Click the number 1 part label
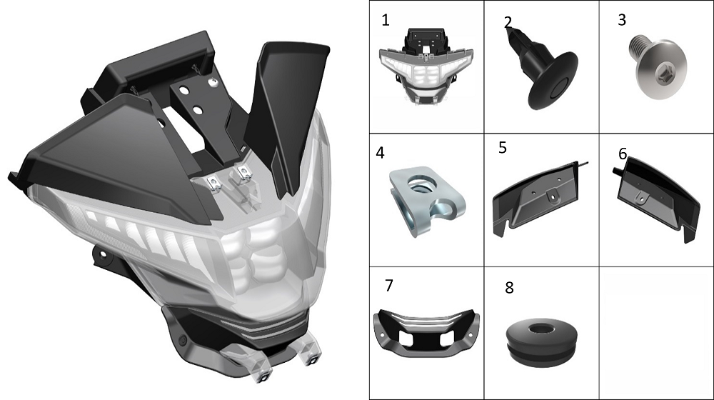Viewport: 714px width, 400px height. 386,20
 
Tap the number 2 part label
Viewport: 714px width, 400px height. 508,22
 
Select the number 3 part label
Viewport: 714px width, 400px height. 622,19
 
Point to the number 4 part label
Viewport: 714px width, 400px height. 381,153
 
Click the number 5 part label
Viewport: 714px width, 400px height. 503,148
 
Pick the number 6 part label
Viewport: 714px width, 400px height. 623,154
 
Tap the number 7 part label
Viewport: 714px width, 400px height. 389,285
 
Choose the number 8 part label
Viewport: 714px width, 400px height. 509,287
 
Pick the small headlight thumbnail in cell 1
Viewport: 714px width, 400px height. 426,66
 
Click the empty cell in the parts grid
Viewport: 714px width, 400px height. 656,334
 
